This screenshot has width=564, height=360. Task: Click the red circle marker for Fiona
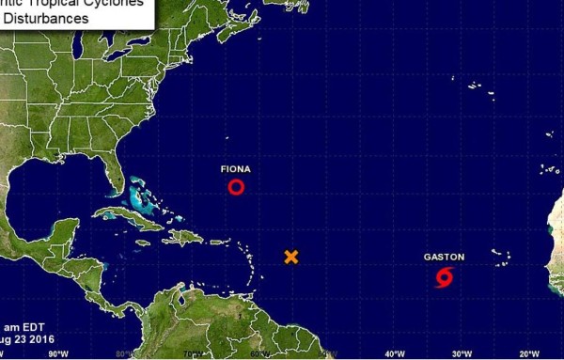coord(236,187)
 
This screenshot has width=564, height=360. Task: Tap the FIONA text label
coord(235,169)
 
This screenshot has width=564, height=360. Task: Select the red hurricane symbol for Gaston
coord(445,277)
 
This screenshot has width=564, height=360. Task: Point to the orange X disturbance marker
coord(291,257)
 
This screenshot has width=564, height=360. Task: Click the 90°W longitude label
coord(58,353)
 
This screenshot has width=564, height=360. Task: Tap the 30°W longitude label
coord(461,353)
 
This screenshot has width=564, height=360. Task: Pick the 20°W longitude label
coord(528,353)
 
